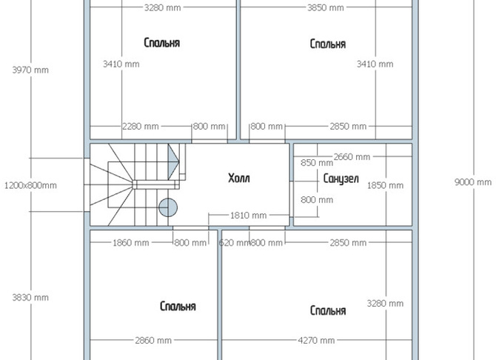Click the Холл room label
(x=239, y=178)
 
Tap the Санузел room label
(x=341, y=179)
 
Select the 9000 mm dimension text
(x=473, y=182)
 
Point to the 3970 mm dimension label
(x=30, y=70)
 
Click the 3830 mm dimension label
(x=30, y=298)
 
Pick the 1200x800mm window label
(x=30, y=185)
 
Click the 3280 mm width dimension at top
(x=163, y=7)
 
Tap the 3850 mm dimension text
(x=326, y=7)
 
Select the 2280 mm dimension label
(x=141, y=127)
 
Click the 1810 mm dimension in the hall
(x=248, y=216)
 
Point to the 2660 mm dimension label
(x=352, y=157)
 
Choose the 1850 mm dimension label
(x=385, y=185)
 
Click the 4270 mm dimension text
(x=316, y=340)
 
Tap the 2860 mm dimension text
(x=153, y=340)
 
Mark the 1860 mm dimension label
(x=130, y=243)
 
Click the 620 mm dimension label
(x=234, y=243)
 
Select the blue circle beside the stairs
(x=168, y=207)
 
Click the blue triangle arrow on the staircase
(x=173, y=161)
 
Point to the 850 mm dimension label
(x=317, y=163)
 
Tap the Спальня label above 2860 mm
(x=178, y=306)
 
